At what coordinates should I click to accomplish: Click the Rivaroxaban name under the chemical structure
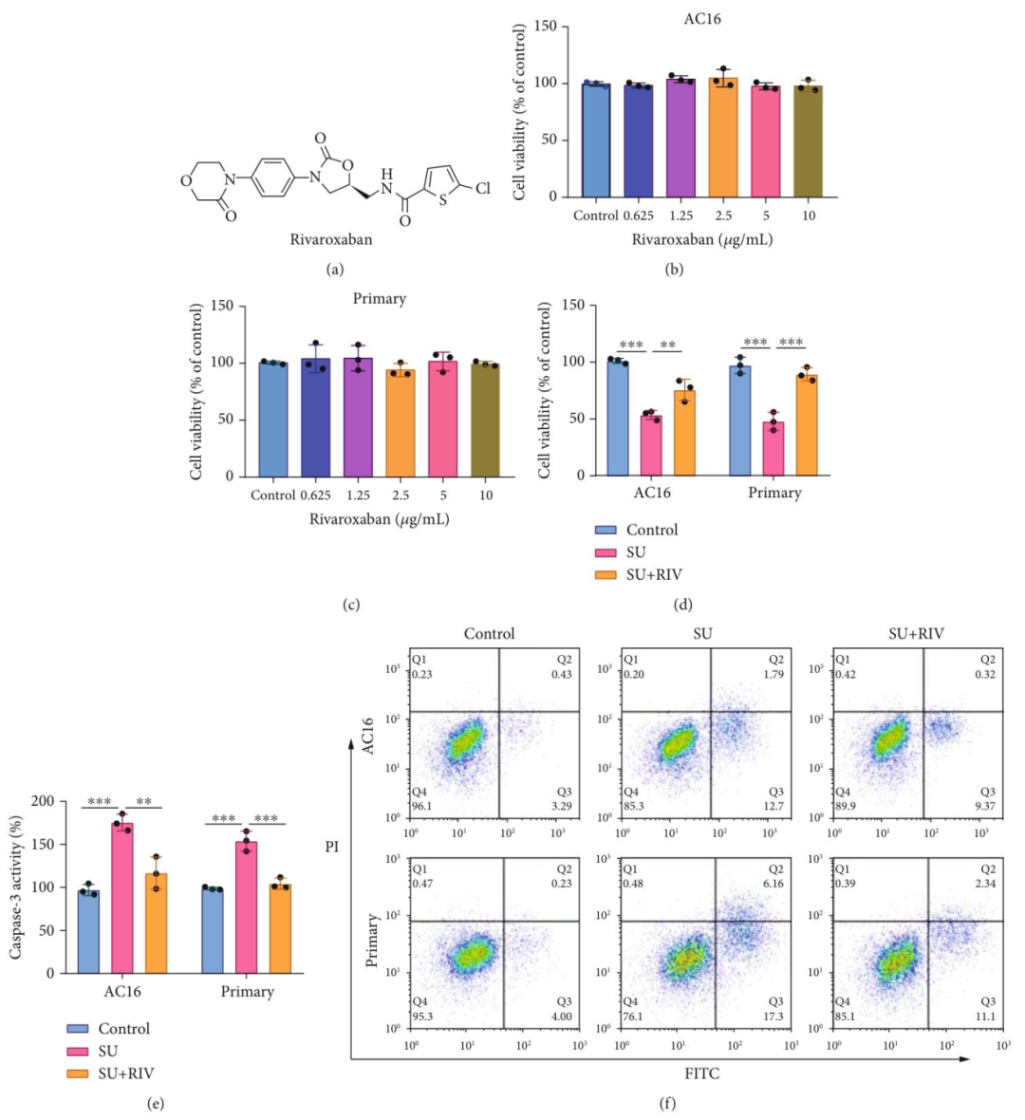tap(331, 239)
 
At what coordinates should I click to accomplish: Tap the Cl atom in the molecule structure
tap(483, 188)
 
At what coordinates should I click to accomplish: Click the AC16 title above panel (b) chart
tap(702, 19)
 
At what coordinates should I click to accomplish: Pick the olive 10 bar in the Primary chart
tap(486, 420)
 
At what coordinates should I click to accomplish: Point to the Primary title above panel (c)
tap(380, 299)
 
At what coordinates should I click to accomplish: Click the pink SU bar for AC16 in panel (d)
tap(651, 445)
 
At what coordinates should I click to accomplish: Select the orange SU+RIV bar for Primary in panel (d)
tap(807, 425)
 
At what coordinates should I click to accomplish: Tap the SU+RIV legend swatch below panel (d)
tap(606, 575)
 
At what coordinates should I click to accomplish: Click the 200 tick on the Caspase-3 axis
tap(43, 801)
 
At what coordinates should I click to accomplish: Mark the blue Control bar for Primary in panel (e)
tap(214, 931)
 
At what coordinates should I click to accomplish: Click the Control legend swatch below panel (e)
tap(78, 1029)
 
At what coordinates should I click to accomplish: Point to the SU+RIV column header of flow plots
tap(916, 634)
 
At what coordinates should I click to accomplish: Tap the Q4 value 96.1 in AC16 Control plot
tap(421, 806)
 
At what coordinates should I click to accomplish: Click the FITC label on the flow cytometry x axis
tap(702, 1073)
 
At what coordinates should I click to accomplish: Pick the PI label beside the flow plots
tap(332, 847)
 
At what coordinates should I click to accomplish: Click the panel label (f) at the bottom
tap(668, 1104)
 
